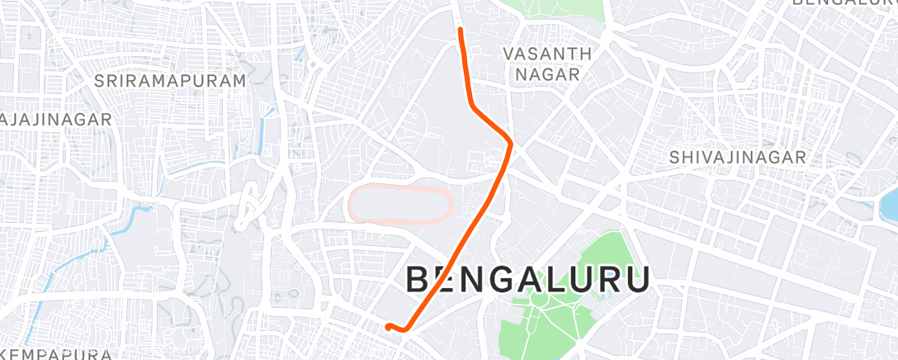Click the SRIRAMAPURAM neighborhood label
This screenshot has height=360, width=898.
pos(170,81)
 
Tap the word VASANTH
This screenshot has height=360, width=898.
pos(547,54)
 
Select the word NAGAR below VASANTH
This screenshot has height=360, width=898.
pos(547,73)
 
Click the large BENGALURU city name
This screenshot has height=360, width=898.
pos(528,280)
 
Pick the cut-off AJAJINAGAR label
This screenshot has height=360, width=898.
pos(55,120)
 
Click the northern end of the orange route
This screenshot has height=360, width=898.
pos(460,30)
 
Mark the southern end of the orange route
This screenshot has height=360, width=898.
pos(388,327)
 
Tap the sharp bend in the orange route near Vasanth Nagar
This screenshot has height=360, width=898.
pos(511,144)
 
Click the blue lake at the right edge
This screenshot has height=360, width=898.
pos(890,202)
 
